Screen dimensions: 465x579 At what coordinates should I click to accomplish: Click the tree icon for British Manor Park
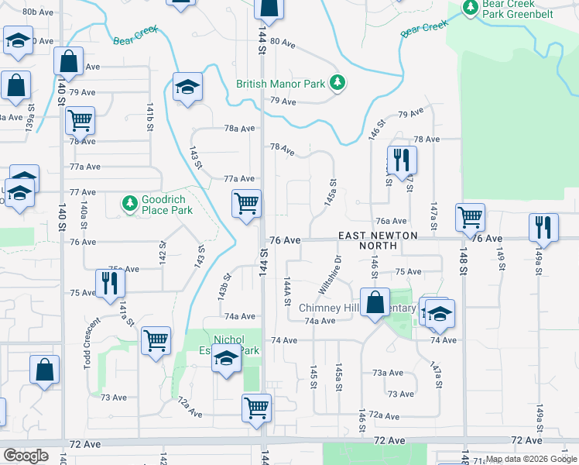tap(337, 81)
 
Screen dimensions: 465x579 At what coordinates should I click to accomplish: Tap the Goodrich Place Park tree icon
tap(130, 203)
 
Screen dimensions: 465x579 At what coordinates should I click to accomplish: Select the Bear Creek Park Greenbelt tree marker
tap(470, 7)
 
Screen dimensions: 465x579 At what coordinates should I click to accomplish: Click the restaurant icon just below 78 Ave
tap(401, 160)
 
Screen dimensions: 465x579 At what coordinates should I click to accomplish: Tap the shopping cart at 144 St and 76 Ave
tap(246, 204)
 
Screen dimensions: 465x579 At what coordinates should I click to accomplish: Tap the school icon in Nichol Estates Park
tap(226, 360)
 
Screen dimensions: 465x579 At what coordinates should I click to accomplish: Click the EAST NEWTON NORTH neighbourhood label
tap(378, 240)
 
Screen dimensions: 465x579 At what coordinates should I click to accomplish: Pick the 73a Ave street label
tap(387, 373)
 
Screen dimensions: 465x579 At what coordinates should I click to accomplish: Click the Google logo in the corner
tap(26, 456)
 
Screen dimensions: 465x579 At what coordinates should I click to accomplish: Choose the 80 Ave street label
tap(284, 42)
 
